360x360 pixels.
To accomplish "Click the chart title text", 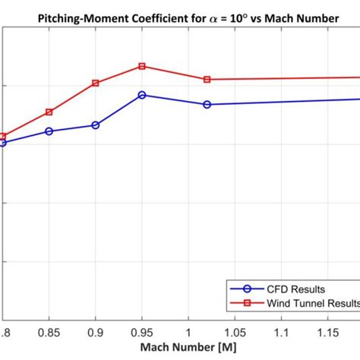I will click(x=180, y=14).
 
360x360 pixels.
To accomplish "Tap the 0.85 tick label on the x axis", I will click(x=49, y=333).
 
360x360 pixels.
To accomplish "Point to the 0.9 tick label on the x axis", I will click(x=96, y=333).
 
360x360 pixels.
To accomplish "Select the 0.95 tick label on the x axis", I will click(x=142, y=333).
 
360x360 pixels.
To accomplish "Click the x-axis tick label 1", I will click(x=188, y=333).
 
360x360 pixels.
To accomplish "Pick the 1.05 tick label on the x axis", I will click(x=235, y=333).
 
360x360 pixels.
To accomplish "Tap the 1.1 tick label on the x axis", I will click(x=282, y=333).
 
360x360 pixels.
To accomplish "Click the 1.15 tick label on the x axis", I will click(x=328, y=333).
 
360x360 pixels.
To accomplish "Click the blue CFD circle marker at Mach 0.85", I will click(x=49, y=131).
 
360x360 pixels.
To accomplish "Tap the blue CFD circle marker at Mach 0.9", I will click(x=96, y=125).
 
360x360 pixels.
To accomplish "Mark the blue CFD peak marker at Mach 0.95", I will click(x=142, y=95).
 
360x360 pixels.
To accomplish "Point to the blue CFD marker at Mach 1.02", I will click(x=207, y=104).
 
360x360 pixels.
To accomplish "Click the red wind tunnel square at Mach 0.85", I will click(x=49, y=112).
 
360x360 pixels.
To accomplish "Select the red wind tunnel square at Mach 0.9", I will click(x=96, y=83).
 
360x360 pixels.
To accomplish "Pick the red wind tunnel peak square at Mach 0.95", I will click(x=142, y=66).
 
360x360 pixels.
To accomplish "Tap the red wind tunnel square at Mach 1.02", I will click(x=207, y=79).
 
